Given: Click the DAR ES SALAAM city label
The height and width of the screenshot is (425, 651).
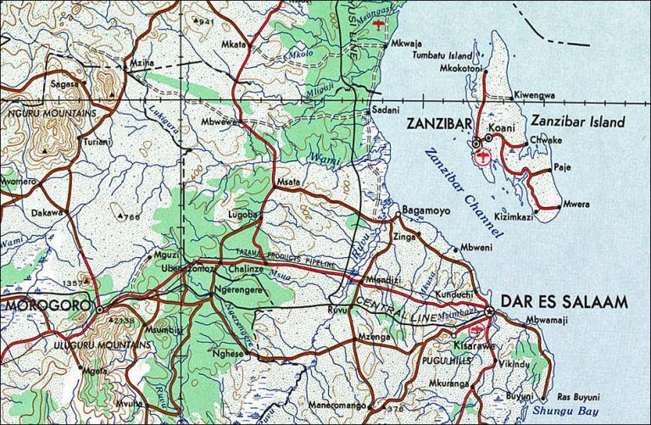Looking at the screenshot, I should coord(565,301).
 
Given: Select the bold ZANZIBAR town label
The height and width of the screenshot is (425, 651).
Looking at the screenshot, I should coord(438,124).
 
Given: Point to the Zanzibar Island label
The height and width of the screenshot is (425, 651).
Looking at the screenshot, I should coord(578,121).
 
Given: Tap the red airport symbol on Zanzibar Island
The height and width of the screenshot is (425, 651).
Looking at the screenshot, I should coord(483,156).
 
